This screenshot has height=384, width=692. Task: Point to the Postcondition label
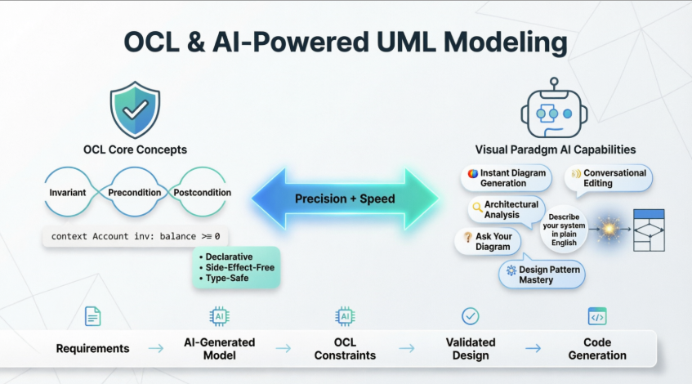coord(203,193)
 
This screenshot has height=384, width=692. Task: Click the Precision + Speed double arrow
coord(345,199)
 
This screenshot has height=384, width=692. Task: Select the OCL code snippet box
coord(135,236)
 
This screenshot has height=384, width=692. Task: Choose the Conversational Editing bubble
coord(609,178)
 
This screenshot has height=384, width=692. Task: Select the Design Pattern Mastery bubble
coord(541,275)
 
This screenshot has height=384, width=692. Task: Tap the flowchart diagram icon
coord(649,230)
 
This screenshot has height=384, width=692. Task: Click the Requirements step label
coord(92,348)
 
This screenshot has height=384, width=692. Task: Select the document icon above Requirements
coord(92,316)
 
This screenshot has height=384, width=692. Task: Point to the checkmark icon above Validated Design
coord(471,316)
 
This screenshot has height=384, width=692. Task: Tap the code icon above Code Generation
coord(597,316)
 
